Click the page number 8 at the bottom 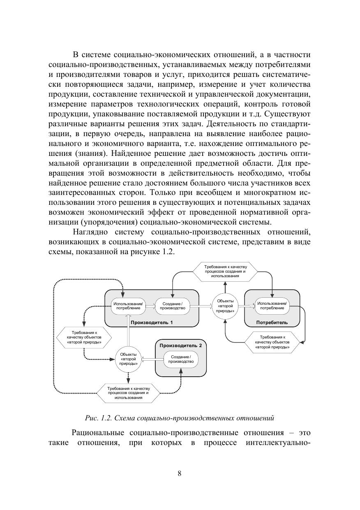[179, 473]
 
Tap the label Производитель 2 [180, 345]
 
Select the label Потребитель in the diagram [272, 322]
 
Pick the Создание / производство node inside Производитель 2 [181, 359]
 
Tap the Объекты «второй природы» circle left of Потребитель [225, 306]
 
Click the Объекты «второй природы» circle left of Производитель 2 [128, 359]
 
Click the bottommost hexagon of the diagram [129, 393]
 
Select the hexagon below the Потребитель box [272, 342]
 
